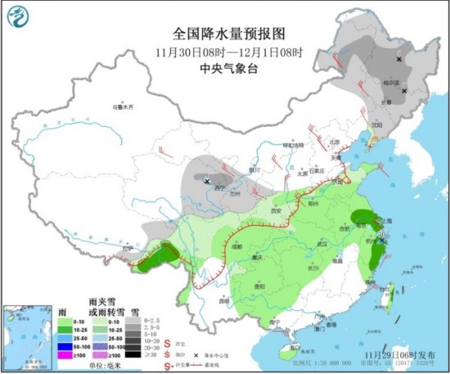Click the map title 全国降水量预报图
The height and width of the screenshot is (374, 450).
(x=228, y=34)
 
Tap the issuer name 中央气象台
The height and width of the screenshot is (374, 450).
(x=228, y=70)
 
